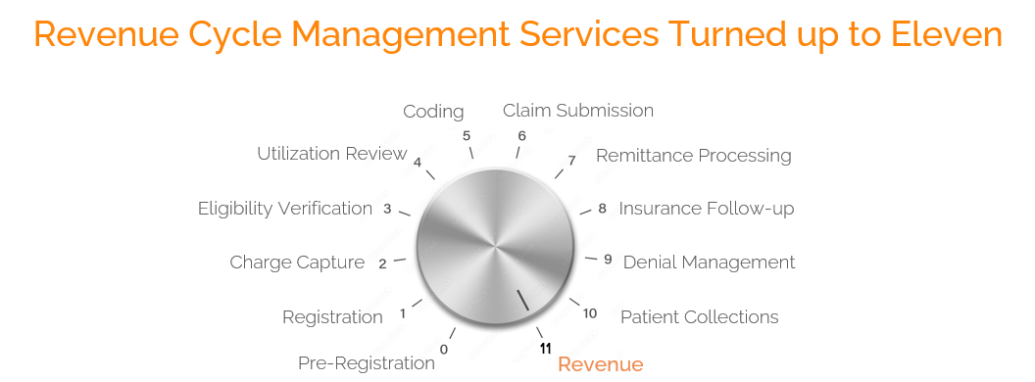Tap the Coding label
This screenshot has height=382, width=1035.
(433, 112)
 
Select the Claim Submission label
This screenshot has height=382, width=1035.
(577, 111)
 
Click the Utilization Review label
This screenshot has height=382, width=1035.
(331, 154)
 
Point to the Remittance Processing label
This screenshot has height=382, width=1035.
(693, 156)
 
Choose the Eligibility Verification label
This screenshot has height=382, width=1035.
(285, 209)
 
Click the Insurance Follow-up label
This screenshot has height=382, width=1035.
(706, 209)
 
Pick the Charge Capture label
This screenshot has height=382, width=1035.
(297, 263)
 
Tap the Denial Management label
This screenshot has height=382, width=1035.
(709, 263)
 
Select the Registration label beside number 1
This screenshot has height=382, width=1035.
(332, 317)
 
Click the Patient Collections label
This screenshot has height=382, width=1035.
(699, 317)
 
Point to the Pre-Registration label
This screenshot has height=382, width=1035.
(366, 363)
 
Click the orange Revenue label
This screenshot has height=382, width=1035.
(600, 365)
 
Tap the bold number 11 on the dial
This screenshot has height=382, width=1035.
(545, 348)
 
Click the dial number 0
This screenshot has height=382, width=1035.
(444, 349)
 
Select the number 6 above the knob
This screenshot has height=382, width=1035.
(521, 136)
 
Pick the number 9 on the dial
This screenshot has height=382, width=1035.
(608, 260)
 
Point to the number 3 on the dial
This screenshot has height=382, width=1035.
(387, 209)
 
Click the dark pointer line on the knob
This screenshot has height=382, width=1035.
(523, 300)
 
